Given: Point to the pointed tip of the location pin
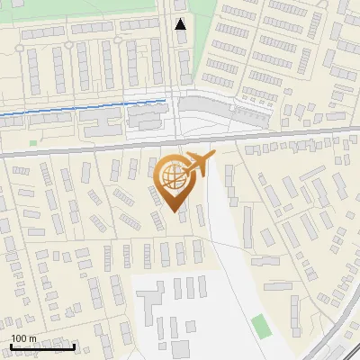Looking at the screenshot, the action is point(175,211).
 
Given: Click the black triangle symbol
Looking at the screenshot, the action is point(181,24).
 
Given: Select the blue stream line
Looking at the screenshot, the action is point(81,108).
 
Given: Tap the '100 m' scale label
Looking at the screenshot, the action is point(24,338).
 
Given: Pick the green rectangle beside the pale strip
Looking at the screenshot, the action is point(260,326).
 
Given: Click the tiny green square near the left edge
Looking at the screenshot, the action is point(33,142).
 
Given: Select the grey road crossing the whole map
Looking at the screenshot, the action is point(90,152).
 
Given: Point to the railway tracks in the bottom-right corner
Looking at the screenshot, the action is point(337,337).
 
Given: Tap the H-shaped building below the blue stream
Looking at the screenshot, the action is point(144,118).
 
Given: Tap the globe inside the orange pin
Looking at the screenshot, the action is point(172,176).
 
